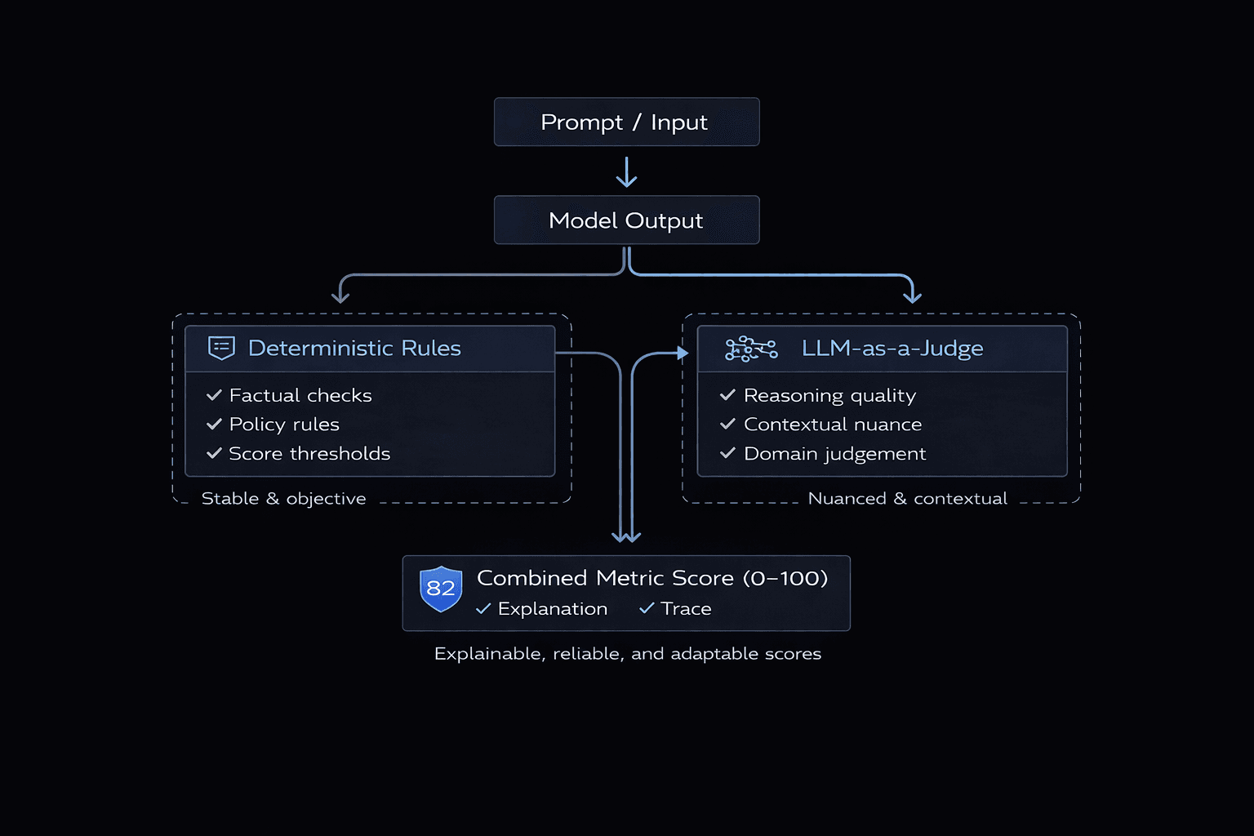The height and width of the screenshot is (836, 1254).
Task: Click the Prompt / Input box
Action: click(x=626, y=122)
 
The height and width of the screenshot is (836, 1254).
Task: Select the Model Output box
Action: click(x=626, y=220)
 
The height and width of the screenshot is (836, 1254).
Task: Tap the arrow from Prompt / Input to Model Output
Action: click(x=626, y=172)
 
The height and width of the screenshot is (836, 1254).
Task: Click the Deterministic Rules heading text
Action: click(x=354, y=349)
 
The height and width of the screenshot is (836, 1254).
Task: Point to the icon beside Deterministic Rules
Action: click(x=221, y=348)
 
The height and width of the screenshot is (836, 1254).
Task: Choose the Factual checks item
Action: click(x=300, y=396)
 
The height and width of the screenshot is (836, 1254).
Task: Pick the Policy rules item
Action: click(x=284, y=425)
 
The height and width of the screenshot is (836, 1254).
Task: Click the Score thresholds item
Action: click(x=309, y=454)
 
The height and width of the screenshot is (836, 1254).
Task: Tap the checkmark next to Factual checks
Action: click(x=214, y=395)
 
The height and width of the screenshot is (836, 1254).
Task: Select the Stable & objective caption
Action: click(x=283, y=499)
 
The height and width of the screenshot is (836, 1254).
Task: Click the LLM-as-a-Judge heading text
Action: click(x=892, y=349)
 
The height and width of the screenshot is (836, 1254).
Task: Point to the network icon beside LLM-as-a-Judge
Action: click(x=751, y=349)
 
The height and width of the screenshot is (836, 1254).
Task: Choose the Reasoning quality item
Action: click(x=829, y=396)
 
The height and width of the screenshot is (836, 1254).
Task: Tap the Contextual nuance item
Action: click(x=833, y=425)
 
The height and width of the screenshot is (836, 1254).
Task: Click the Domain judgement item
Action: click(x=834, y=454)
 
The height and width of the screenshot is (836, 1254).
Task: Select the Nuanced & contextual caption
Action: click(x=907, y=499)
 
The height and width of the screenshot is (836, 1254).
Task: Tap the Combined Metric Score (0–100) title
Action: click(x=652, y=578)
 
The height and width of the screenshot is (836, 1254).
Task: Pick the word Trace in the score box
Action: click(x=686, y=609)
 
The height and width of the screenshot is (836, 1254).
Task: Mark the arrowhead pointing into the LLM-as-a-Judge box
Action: click(x=683, y=354)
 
